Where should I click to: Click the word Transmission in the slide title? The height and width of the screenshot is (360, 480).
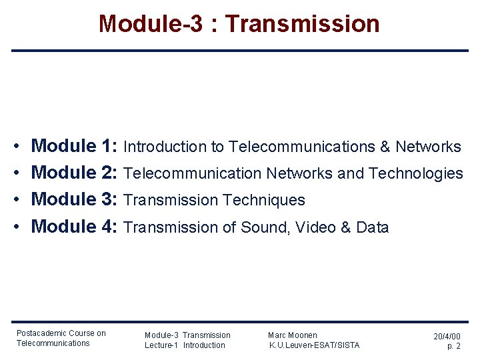click(x=303, y=24)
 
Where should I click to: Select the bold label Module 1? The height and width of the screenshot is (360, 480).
click(x=75, y=146)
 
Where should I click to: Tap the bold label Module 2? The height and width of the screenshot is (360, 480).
click(x=75, y=173)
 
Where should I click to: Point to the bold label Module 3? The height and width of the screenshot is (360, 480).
click(x=75, y=199)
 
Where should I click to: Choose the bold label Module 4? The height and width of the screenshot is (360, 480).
click(x=75, y=227)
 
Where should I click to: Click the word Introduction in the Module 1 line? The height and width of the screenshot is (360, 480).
click(x=165, y=147)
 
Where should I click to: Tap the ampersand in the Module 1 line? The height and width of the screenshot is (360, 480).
click(x=385, y=147)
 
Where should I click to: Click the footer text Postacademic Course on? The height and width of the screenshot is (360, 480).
click(x=61, y=333)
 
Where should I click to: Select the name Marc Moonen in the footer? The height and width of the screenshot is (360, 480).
click(x=293, y=335)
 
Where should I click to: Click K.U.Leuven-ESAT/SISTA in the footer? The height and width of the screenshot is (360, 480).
click(x=314, y=345)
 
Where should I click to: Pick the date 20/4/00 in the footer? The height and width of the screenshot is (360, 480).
click(x=447, y=337)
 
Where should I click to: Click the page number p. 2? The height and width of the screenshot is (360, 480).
click(x=453, y=347)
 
